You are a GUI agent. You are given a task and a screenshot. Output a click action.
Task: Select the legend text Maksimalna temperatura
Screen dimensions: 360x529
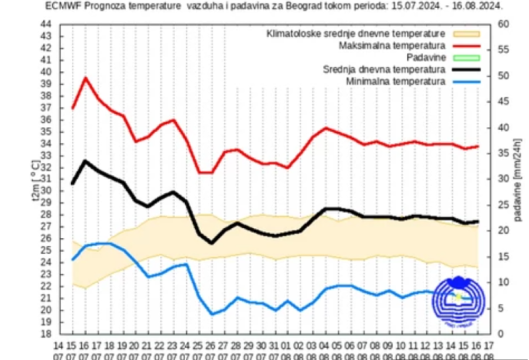(x=392, y=45)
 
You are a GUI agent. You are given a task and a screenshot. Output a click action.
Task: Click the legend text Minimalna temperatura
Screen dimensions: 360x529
(x=396, y=81)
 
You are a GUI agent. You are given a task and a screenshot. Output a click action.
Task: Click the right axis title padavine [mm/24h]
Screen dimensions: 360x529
(x=518, y=179)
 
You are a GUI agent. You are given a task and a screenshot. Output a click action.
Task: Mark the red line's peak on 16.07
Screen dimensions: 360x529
(x=86, y=78)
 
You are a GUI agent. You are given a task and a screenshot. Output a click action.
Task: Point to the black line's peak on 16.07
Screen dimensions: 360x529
(x=86, y=160)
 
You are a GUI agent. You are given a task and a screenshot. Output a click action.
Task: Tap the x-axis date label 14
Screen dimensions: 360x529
(x=58, y=345)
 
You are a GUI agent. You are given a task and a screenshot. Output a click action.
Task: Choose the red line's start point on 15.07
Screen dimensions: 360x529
(x=72, y=108)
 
